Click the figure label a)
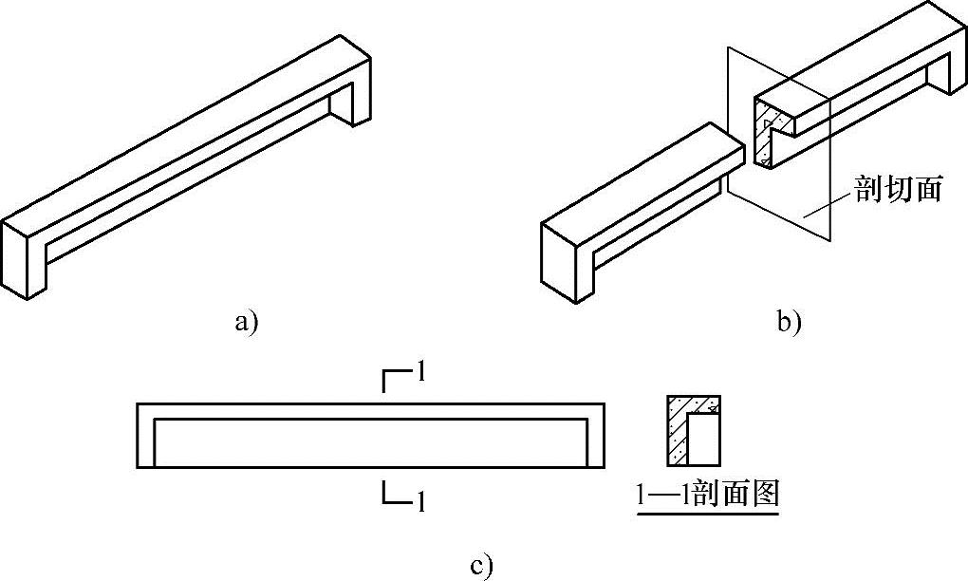click(246, 323)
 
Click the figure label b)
click(790, 323)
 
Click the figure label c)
click(482, 568)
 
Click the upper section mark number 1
click(419, 372)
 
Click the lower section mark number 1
click(419, 501)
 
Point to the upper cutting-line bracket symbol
click(393, 381)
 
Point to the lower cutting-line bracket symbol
click(393, 493)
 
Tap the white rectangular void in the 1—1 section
click(703, 441)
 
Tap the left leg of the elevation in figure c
click(145, 441)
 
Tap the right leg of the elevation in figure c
click(595, 441)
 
